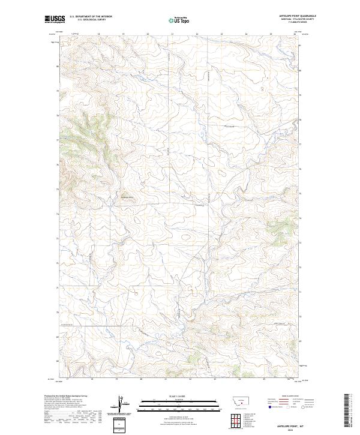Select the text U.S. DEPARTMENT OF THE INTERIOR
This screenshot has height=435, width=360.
click(91, 17)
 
